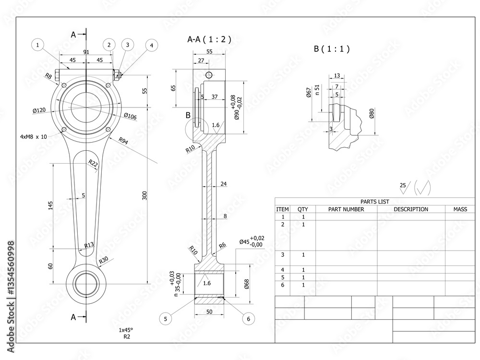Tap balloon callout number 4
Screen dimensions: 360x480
click(x=151, y=46)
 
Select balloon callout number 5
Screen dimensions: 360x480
click(x=166, y=318)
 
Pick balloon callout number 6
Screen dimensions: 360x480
click(x=248, y=318)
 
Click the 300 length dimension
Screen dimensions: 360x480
click(x=145, y=195)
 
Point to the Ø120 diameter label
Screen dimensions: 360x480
click(x=39, y=110)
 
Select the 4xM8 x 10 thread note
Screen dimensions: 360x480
click(x=34, y=137)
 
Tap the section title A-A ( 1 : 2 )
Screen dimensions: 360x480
click(x=209, y=40)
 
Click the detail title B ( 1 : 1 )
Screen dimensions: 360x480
click(x=332, y=48)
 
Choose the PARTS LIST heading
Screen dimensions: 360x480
click(x=374, y=202)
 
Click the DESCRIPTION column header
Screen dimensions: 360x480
click(x=411, y=209)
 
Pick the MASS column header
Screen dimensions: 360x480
click(x=463, y=209)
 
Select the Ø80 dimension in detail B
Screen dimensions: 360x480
click(x=372, y=114)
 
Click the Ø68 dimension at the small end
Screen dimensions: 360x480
click(x=246, y=284)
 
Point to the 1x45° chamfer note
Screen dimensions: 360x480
click(x=126, y=330)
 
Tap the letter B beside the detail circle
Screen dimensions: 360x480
click(x=188, y=115)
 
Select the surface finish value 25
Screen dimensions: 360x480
click(x=403, y=185)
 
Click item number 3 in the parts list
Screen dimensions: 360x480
click(x=283, y=254)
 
